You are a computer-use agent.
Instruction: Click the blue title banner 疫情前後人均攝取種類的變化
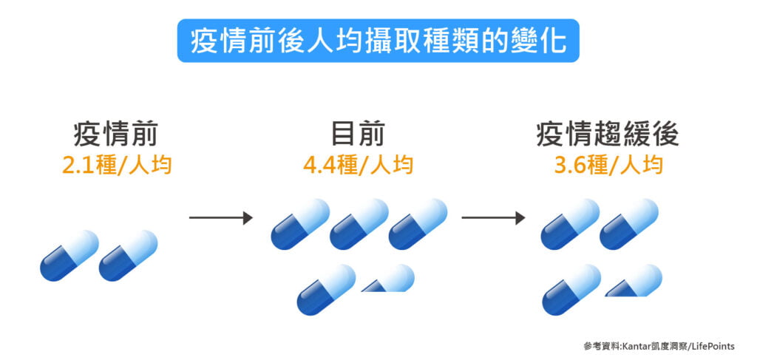coord(378,41)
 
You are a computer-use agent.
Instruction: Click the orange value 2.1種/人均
coord(117,165)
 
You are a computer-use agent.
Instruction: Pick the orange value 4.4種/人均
coord(358,165)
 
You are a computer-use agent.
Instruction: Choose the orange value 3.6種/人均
coord(608,165)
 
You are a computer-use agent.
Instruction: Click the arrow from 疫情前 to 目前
coord(221,218)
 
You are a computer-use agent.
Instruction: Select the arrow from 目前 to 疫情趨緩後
coord(493,218)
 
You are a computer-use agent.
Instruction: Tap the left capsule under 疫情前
coord(69,256)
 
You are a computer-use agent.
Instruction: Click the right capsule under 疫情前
coord(129,256)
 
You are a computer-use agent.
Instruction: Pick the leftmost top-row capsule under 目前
coord(300,224)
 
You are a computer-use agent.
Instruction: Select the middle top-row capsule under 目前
coord(359,224)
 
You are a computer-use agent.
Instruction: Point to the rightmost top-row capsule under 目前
coord(418,224)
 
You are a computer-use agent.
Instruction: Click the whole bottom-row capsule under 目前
coord(326,289)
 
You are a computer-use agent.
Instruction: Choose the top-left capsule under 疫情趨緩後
coord(570,224)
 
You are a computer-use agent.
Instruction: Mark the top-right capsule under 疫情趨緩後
coord(628,224)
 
